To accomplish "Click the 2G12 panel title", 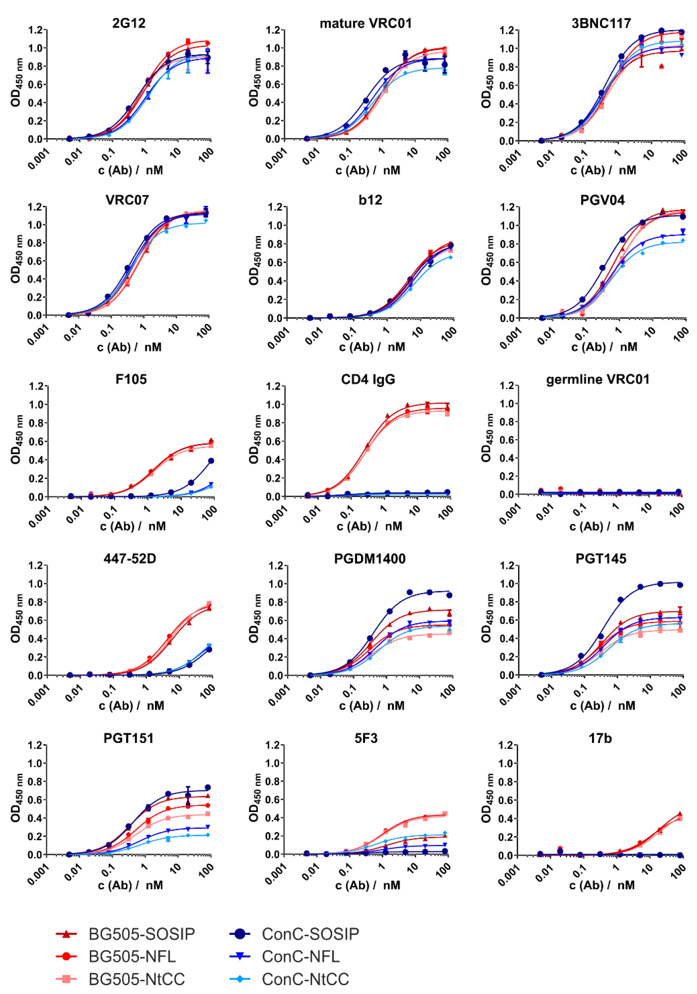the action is (129, 23).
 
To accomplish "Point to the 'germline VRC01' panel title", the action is (598, 379).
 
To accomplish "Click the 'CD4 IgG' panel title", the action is (368, 379).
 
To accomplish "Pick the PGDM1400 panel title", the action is (370, 559).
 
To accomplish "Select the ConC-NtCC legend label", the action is (305, 979).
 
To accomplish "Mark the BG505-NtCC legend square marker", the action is (66, 979).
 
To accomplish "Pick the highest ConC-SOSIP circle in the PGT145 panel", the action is (660, 584).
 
